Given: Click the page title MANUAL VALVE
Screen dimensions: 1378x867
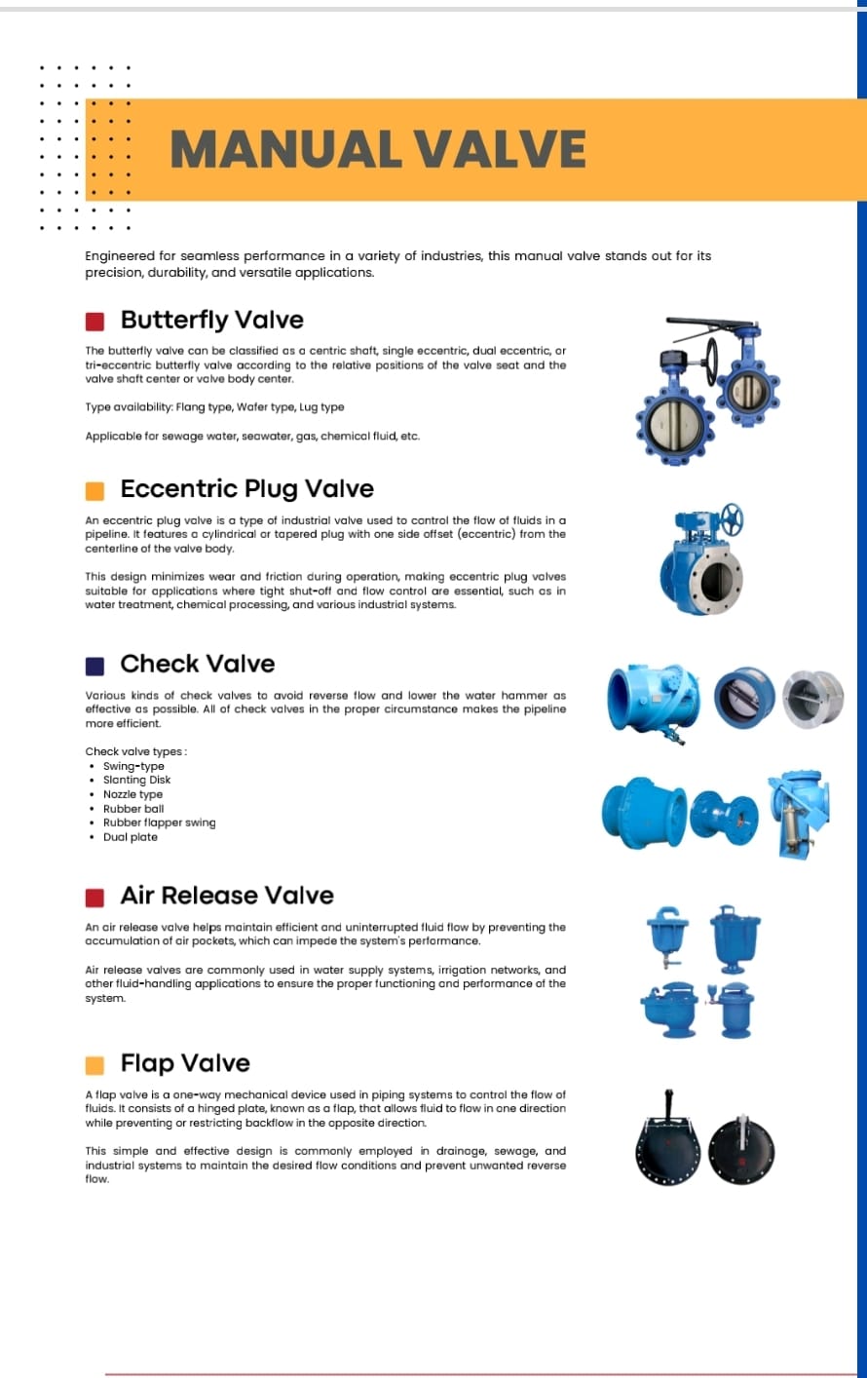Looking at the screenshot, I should pyautogui.click(x=378, y=149).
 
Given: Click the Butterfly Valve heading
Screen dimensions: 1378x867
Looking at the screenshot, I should pyautogui.click(x=211, y=320).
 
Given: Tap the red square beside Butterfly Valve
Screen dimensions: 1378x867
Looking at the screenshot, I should pyautogui.click(x=94, y=322).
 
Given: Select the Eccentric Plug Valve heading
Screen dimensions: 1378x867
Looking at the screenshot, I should pyautogui.click(x=246, y=488).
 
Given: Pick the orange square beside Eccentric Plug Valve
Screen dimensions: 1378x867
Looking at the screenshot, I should pyautogui.click(x=94, y=490).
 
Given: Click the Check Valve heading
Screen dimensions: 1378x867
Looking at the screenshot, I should pyautogui.click(x=197, y=664).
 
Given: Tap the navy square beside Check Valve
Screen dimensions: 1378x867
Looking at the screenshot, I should pyautogui.click(x=94, y=666).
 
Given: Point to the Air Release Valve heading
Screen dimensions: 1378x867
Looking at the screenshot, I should pyautogui.click(x=226, y=895).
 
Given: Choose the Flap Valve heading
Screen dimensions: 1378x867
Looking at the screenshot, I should pyautogui.click(x=185, y=1063).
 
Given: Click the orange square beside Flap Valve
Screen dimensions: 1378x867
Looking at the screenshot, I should pyautogui.click(x=94, y=1065).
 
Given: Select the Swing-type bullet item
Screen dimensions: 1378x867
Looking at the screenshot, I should pyautogui.click(x=133, y=766).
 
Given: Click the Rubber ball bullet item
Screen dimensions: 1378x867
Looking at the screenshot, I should pyautogui.click(x=133, y=808).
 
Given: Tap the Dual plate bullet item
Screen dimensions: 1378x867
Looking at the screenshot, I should pyautogui.click(x=130, y=836).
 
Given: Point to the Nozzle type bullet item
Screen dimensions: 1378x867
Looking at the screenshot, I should pyautogui.click(x=132, y=794).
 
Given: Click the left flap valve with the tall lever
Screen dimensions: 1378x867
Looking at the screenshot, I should pyautogui.click(x=667, y=1143).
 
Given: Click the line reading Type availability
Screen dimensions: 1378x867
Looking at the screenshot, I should pyautogui.click(x=214, y=407).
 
